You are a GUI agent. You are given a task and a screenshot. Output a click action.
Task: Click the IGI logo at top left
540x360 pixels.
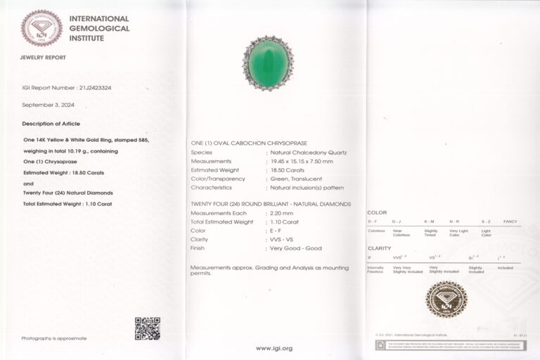coord(41,27)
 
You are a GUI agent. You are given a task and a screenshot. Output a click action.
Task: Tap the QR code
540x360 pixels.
coord(147,328)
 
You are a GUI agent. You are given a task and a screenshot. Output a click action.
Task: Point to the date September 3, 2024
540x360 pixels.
coord(49,105)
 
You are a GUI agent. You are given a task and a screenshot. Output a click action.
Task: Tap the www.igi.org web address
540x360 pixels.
coord(274,348)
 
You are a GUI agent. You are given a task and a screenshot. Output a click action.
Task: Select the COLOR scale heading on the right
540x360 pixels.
coord(377,212)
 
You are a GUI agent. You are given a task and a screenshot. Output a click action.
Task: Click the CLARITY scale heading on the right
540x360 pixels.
coord(380,248)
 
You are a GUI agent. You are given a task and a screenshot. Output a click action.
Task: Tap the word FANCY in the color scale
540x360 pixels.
coord(510,221)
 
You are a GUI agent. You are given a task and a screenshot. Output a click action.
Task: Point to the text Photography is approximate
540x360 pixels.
coord(54,338)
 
